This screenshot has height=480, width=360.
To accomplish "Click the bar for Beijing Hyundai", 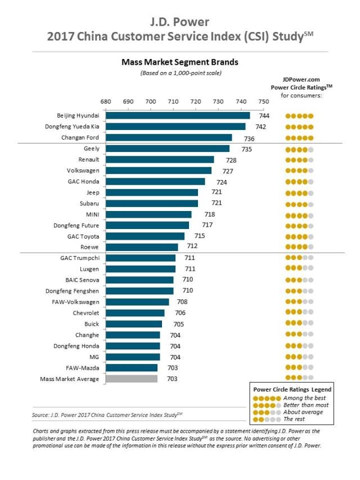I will click(178, 115).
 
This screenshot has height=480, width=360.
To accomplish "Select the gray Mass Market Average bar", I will click(132, 379).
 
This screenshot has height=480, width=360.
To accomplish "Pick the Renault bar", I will click(160, 160).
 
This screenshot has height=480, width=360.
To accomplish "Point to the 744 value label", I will click(263, 115).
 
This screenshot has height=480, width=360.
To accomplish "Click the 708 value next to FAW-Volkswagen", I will click(182, 302).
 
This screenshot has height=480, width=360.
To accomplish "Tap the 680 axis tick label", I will click(106, 101).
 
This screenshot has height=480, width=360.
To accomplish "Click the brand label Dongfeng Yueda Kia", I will click(72, 127).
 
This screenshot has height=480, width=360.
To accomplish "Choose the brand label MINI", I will click(91, 214).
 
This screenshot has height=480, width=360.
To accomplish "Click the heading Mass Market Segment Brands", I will click(179, 62).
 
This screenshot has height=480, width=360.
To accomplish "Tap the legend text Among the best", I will click(304, 398).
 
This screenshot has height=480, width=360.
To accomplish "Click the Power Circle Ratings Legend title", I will click(292, 389).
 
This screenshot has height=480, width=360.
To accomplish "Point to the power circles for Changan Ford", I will click(299, 138).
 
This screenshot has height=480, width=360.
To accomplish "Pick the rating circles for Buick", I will click(299, 324).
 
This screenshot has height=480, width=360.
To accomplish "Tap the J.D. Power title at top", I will click(179, 23).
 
